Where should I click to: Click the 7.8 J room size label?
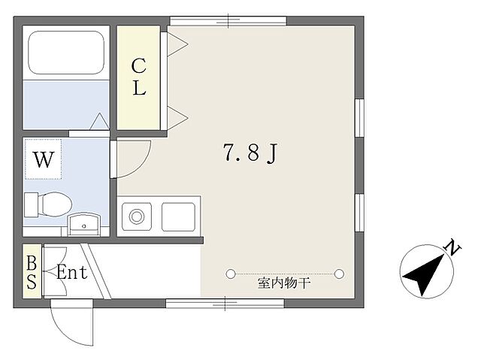[251, 154]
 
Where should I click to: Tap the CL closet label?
[139, 77]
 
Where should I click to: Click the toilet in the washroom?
[48, 203]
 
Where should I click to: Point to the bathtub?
[66, 53]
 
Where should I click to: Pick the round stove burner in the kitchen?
[138, 217]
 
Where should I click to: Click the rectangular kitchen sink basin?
[178, 217]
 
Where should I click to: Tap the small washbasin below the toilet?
[83, 224]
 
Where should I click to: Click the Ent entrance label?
[72, 272]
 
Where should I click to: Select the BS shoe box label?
[32, 272]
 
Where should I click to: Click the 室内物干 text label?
[284, 283]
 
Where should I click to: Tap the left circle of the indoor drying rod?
[231, 272]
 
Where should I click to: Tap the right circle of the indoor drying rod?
[340, 272]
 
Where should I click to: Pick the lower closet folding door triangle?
[177, 116]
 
